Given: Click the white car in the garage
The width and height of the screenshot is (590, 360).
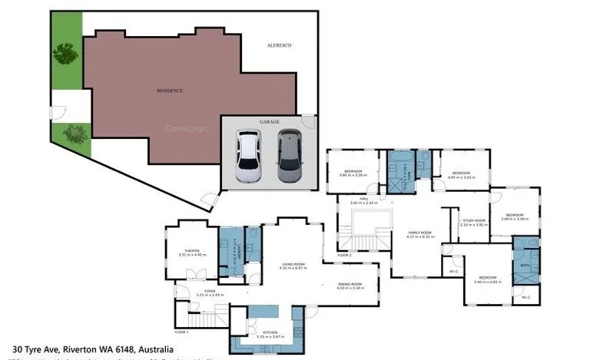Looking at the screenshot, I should (247, 156).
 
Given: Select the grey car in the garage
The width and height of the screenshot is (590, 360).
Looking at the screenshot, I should (289, 156).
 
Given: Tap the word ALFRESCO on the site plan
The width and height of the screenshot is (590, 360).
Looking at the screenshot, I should (279, 45).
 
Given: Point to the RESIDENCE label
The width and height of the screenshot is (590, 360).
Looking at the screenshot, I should (170, 91).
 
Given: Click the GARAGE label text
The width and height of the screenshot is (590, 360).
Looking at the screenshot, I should (269, 121).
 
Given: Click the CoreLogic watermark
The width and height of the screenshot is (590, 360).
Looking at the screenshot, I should (185, 128).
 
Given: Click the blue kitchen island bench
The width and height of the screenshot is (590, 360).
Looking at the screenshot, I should (263, 313).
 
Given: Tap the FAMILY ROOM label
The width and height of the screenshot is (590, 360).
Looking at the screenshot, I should (419, 233).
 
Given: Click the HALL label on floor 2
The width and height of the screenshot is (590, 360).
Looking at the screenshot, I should (365, 199).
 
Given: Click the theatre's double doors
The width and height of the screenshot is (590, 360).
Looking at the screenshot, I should (200, 274).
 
